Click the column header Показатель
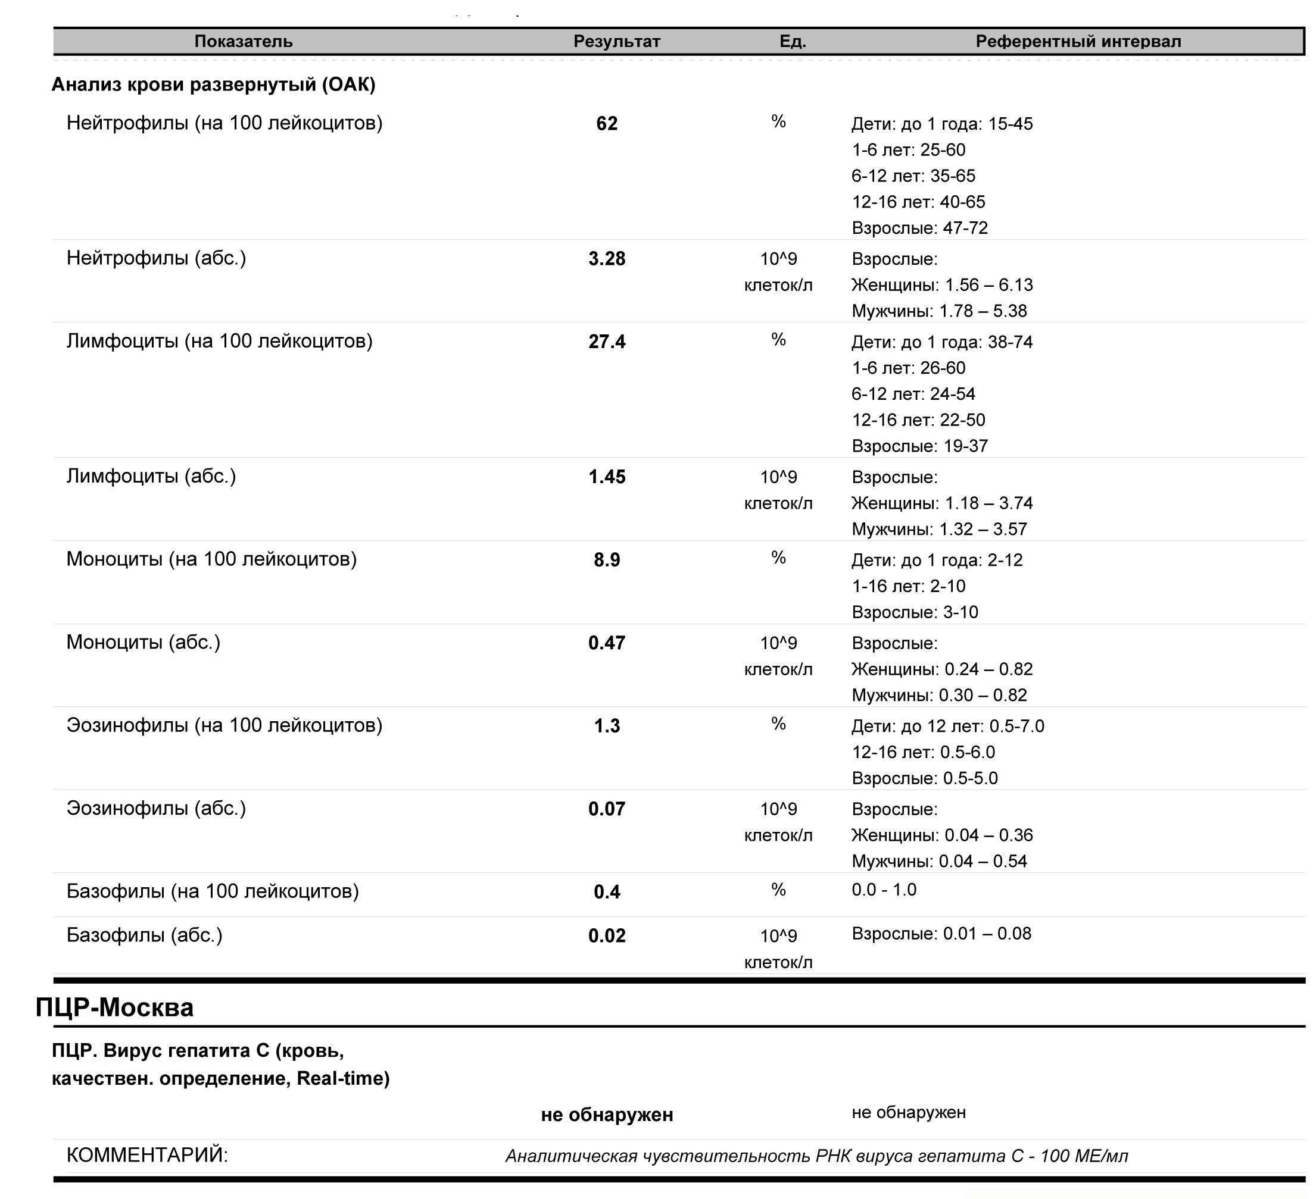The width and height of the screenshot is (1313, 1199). (243, 42)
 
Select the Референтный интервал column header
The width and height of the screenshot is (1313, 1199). (1077, 42)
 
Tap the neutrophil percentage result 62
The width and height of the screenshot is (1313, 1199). (606, 124)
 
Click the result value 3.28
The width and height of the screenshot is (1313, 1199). (606, 259)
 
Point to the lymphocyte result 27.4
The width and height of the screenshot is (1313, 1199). (606, 342)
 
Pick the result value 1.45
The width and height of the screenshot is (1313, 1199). (606, 477)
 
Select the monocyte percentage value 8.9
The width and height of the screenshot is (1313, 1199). (606, 560)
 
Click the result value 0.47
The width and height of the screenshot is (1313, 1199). (606, 643)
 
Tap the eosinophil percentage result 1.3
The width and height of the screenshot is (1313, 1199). (606, 726)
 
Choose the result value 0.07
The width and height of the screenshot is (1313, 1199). (606, 809)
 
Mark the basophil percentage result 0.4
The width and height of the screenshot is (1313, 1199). (606, 892)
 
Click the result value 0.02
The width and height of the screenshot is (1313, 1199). (606, 936)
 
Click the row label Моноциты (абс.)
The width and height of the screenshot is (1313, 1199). (144, 643)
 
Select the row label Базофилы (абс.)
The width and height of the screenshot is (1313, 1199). (144, 935)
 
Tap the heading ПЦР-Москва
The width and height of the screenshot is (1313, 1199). (114, 1007)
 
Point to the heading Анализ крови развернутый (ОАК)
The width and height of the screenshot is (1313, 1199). (213, 84)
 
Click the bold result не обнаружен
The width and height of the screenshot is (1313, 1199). (606, 1115)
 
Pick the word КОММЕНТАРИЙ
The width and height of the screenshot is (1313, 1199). (147, 1156)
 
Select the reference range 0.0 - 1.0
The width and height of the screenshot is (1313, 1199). (883, 890)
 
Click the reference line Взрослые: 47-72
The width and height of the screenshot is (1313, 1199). (919, 228)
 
